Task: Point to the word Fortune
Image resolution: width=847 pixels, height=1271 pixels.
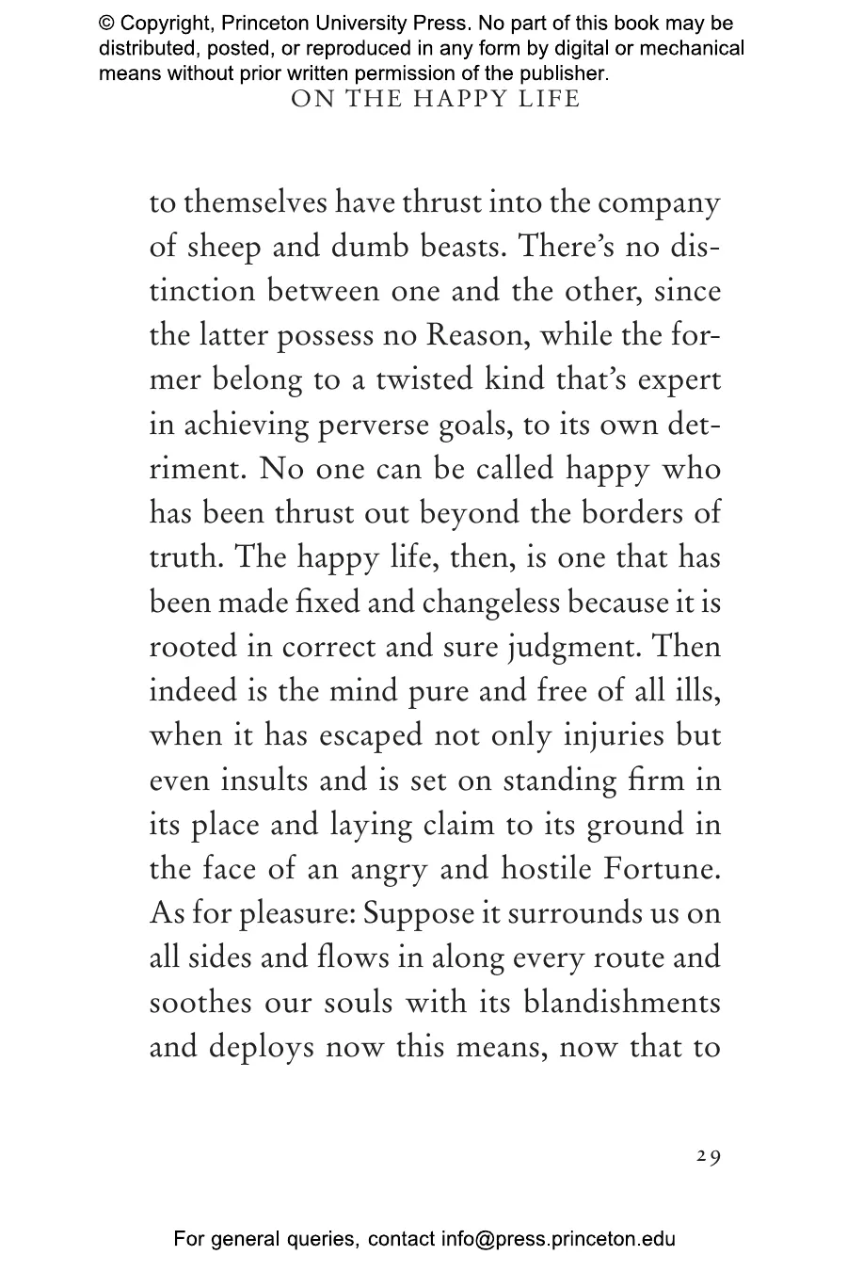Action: coord(661,868)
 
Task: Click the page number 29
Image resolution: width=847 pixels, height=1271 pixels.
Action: coord(709,1157)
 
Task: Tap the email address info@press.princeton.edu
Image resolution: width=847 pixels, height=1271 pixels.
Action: coord(558,1240)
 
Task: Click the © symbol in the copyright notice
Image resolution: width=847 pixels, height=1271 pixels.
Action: coord(106,24)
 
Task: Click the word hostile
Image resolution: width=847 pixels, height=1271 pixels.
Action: coord(546,868)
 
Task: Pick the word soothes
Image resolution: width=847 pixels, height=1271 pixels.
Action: coord(200,1001)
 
